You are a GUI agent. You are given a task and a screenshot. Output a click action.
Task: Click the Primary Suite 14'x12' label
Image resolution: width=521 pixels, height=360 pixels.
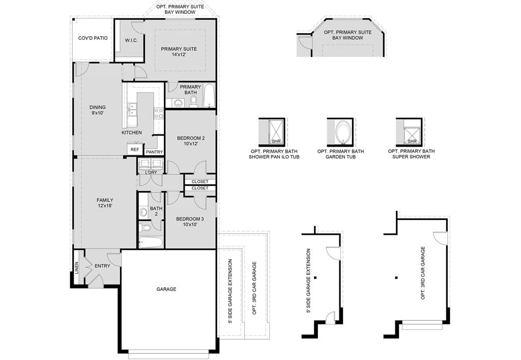179,52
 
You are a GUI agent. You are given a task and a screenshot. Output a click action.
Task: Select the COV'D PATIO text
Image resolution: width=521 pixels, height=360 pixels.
93,38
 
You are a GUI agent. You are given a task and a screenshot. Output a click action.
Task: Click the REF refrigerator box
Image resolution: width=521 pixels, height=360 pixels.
134,149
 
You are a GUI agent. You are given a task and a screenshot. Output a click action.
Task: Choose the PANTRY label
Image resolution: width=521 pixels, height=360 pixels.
154,152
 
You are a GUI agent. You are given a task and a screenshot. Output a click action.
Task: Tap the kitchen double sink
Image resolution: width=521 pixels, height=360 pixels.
132,108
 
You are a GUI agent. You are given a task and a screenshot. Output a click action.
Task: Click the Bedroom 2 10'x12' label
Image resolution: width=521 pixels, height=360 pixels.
191,141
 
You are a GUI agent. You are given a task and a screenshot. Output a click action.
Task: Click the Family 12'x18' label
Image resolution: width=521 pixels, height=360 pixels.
104,203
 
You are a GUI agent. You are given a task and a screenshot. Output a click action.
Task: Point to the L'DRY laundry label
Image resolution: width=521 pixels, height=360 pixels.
151,172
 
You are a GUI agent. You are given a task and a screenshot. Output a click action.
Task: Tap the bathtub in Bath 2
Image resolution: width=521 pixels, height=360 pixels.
151,241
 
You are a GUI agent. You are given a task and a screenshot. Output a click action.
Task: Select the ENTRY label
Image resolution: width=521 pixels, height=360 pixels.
102,266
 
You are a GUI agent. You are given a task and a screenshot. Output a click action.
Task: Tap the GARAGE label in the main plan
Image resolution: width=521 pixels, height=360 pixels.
166,289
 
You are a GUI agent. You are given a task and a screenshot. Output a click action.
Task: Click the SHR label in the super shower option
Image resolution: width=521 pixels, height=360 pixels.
412,141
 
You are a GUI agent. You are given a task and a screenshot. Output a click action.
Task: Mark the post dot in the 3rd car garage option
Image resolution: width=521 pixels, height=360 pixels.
396,278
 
